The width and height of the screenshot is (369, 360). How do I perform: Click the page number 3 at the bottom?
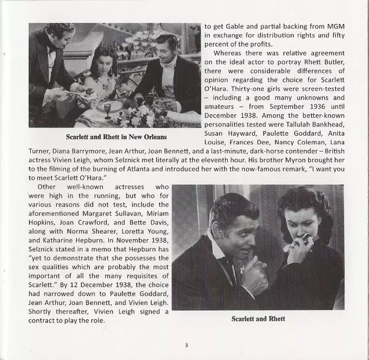tap(186, 345)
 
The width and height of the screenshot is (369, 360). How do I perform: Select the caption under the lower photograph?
tap(258, 318)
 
